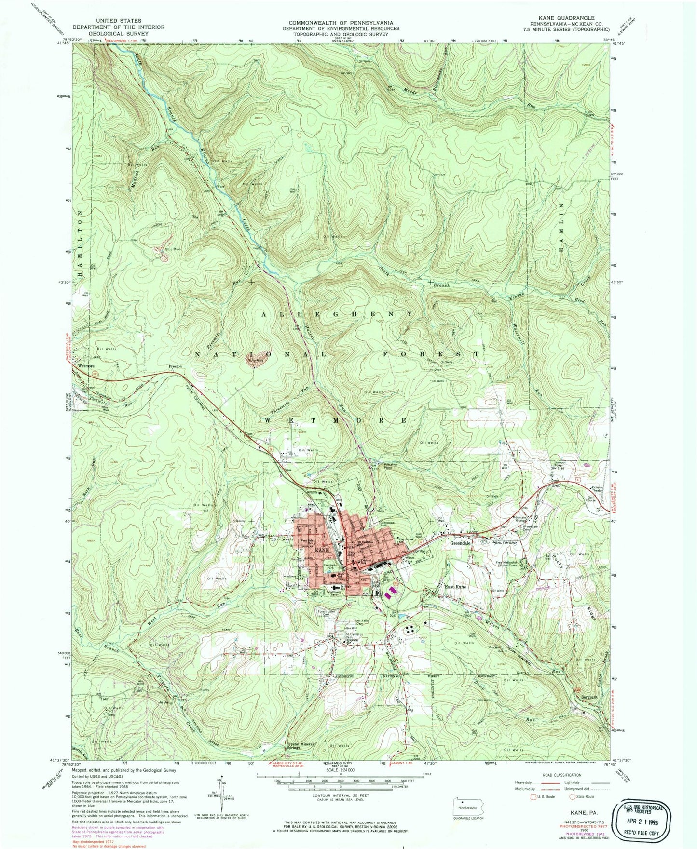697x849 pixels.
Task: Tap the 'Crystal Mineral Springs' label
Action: point(300,746)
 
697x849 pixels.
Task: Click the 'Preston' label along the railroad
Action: point(175,366)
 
